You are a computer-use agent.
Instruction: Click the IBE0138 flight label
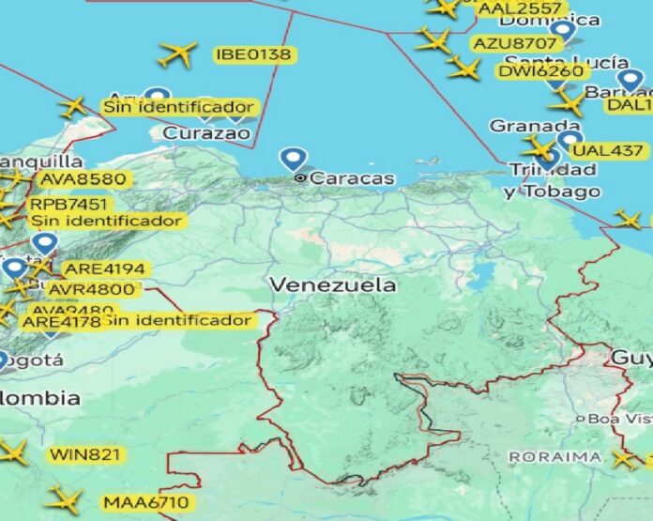click(253, 54)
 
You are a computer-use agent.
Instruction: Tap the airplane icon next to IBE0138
click(177, 54)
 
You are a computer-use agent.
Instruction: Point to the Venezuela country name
click(332, 284)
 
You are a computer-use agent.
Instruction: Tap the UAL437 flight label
click(608, 150)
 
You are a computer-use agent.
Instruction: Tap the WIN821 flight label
click(85, 454)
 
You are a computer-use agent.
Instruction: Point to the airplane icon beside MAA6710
click(64, 498)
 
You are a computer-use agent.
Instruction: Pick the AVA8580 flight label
click(82, 178)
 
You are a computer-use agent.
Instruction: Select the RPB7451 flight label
click(68, 204)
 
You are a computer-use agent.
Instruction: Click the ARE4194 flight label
click(104, 269)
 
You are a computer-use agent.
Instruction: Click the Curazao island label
click(207, 133)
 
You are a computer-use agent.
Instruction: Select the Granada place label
click(522, 126)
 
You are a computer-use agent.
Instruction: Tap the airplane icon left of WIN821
click(11, 452)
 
